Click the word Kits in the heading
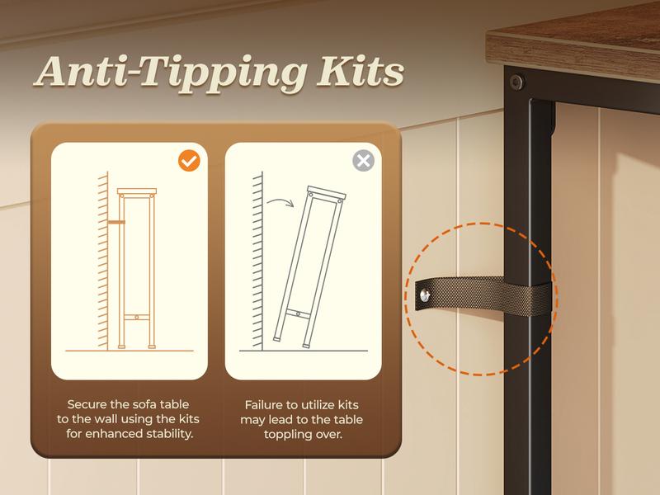pyautogui.click(x=361, y=71)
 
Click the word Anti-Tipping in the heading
pyautogui.click(x=170, y=74)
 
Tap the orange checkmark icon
pyautogui.click(x=189, y=161)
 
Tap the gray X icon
pyautogui.click(x=363, y=160)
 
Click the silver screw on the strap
pyautogui.click(x=425, y=295)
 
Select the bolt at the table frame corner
pyautogui.click(x=516, y=82)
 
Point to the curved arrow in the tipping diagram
pyautogui.click(x=280, y=202)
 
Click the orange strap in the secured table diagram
pyautogui.click(x=116, y=222)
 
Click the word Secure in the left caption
pyautogui.click(x=87, y=404)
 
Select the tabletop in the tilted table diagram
pyautogui.click(x=326, y=194)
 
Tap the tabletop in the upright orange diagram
pyautogui.click(x=137, y=191)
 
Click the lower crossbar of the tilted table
pyautogui.click(x=298, y=313)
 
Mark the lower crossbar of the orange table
pyautogui.click(x=137, y=317)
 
